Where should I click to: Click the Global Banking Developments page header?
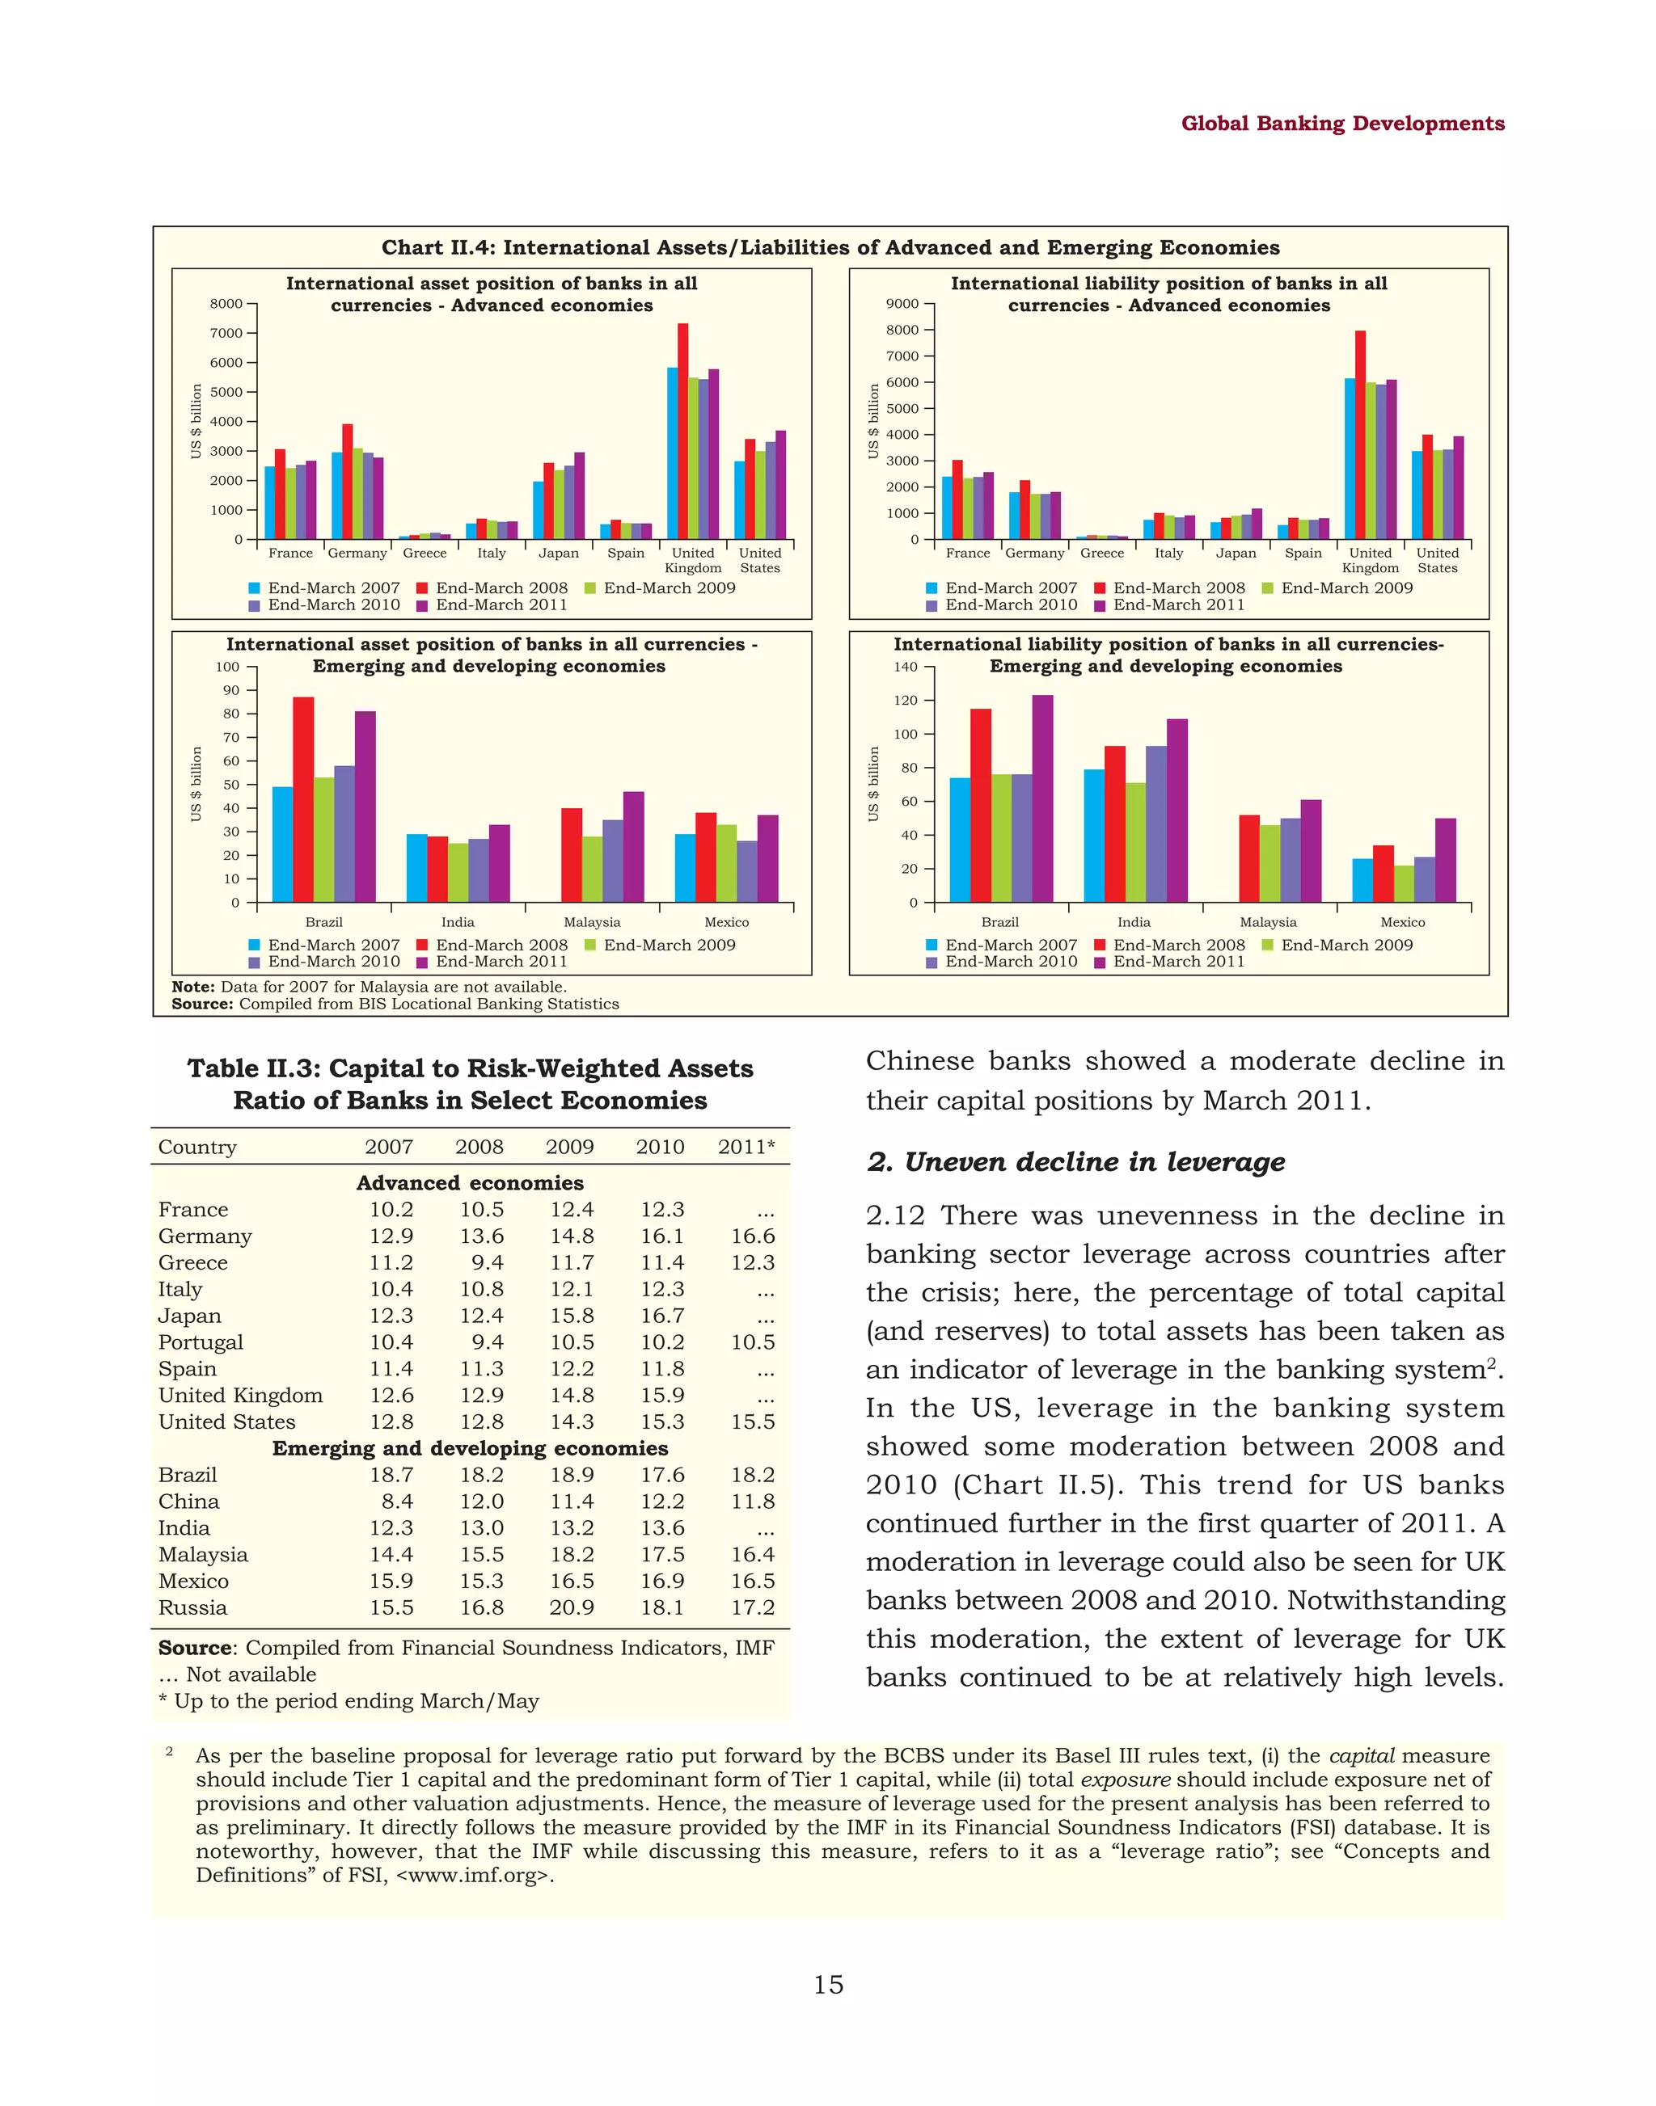click(x=1342, y=124)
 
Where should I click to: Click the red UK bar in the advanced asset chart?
click(x=682, y=432)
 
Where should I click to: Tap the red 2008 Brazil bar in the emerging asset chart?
click(x=302, y=799)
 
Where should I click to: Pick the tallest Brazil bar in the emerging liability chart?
click(x=1042, y=798)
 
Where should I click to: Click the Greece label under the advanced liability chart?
click(x=1101, y=554)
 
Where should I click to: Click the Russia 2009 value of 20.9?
click(x=570, y=1608)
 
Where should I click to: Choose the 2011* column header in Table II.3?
click(x=746, y=1148)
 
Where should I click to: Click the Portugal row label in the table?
click(x=201, y=1342)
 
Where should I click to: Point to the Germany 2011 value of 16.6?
click(x=752, y=1236)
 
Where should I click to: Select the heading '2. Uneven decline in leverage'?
click(x=1075, y=1162)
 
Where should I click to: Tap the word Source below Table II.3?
click(x=195, y=1649)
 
